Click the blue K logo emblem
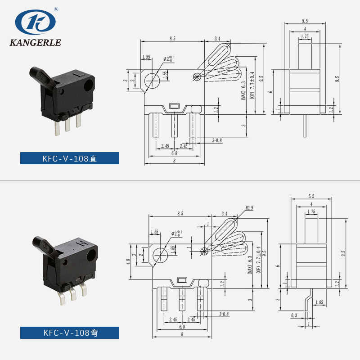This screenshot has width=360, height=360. [x=35, y=22]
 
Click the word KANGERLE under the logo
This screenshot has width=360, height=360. [x=35, y=43]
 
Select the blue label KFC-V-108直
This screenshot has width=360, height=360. [x=69, y=158]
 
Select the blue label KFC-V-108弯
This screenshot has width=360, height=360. [x=69, y=333]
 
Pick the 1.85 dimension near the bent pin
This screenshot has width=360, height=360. [x=319, y=302]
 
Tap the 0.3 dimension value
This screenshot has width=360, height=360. [x=294, y=315]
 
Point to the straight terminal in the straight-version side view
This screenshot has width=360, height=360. [x=306, y=126]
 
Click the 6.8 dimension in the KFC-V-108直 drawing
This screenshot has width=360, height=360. [x=173, y=153]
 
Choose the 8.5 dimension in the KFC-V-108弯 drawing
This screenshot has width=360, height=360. [x=180, y=214]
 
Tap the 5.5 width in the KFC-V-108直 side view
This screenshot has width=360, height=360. [x=305, y=21]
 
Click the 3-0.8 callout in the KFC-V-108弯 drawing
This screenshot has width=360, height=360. [x=224, y=314]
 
